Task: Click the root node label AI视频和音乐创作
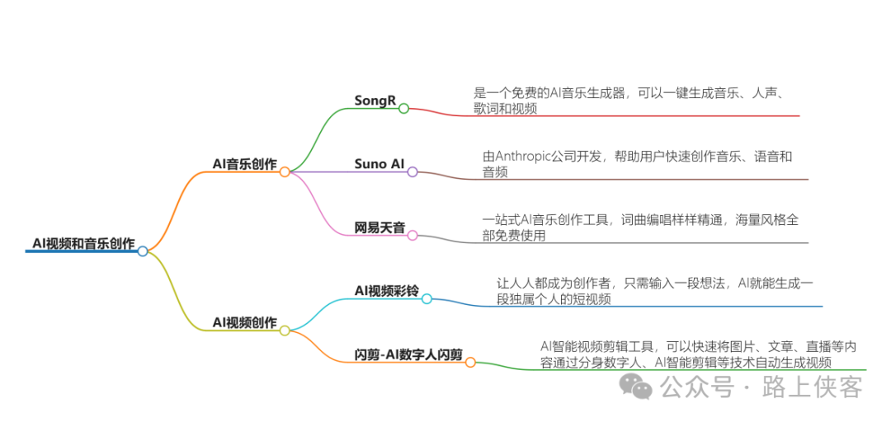click(x=83, y=242)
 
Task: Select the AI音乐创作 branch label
click(x=244, y=164)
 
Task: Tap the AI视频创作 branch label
click(x=244, y=322)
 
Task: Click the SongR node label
click(x=375, y=101)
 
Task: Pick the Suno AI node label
click(x=379, y=164)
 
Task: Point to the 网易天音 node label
click(x=379, y=227)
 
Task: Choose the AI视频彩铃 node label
click(x=386, y=291)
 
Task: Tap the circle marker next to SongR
click(x=403, y=108)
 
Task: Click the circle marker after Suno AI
click(x=412, y=171)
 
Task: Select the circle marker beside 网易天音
click(x=412, y=235)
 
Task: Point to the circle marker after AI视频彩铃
click(x=427, y=298)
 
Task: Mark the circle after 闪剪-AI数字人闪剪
click(x=470, y=362)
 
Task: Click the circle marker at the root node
click(x=143, y=251)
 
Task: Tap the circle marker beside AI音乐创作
click(x=285, y=172)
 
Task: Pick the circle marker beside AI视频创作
click(x=285, y=331)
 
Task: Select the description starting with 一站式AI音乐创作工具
click(x=640, y=227)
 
